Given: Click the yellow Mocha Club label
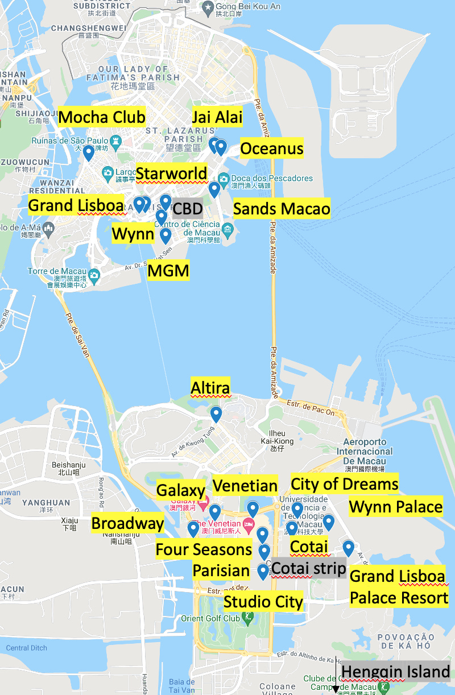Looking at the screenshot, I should click(102, 118).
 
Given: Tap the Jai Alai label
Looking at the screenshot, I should click(217, 117).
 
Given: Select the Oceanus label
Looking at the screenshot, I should click(272, 149).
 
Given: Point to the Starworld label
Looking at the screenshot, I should click(172, 173).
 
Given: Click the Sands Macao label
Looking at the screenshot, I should click(282, 209).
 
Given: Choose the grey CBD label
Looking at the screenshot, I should click(187, 209).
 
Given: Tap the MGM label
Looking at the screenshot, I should click(168, 271).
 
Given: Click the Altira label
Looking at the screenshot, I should click(210, 388).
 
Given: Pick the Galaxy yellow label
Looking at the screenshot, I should click(180, 490).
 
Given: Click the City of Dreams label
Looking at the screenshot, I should click(345, 484).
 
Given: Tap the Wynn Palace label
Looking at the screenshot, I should click(396, 506).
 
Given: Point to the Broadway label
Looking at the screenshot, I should click(127, 523).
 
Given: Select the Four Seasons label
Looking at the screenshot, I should click(204, 549).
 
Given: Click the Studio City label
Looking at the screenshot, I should click(263, 602).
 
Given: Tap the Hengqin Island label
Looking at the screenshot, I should click(396, 672).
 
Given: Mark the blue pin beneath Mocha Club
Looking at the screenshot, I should click(88, 153).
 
